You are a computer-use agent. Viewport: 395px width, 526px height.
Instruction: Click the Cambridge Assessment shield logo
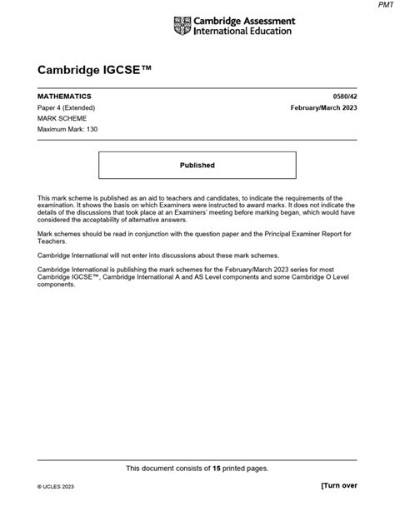pos(182,26)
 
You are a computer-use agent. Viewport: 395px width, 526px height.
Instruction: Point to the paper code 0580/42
pos(344,97)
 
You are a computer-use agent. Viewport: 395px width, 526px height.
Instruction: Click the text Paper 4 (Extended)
pos(66,108)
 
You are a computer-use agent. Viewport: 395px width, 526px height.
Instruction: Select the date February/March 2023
pos(323,108)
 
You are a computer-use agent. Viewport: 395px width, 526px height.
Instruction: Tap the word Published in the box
pos(197,165)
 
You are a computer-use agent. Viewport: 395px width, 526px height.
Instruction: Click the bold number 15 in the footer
pos(217,468)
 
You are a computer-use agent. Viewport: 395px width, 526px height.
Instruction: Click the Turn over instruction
pos(338,507)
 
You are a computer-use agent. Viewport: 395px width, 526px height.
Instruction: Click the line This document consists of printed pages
pos(197,468)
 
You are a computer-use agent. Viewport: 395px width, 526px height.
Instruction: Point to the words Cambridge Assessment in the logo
pos(242,21)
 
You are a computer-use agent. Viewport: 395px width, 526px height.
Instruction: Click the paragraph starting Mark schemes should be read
pos(197,238)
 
